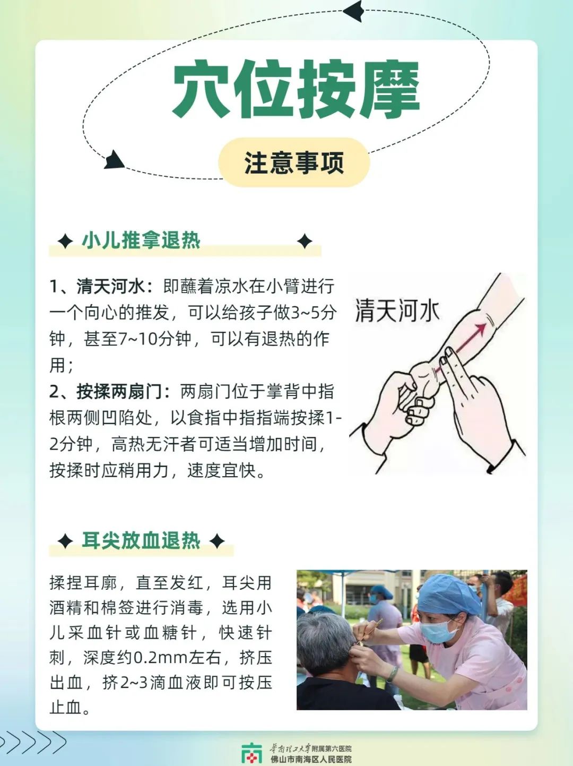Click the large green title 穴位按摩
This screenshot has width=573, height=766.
click(x=297, y=90)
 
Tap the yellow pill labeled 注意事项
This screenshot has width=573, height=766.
click(x=293, y=162)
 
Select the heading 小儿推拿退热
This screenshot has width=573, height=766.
click(x=141, y=240)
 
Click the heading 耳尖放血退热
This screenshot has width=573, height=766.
click(x=141, y=540)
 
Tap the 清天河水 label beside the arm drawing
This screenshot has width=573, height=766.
click(x=397, y=310)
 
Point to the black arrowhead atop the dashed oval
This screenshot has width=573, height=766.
click(x=354, y=11)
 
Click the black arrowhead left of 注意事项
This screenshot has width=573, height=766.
click(x=114, y=160)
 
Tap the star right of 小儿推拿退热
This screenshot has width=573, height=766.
click(x=305, y=241)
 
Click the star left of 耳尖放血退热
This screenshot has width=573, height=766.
click(x=65, y=541)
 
